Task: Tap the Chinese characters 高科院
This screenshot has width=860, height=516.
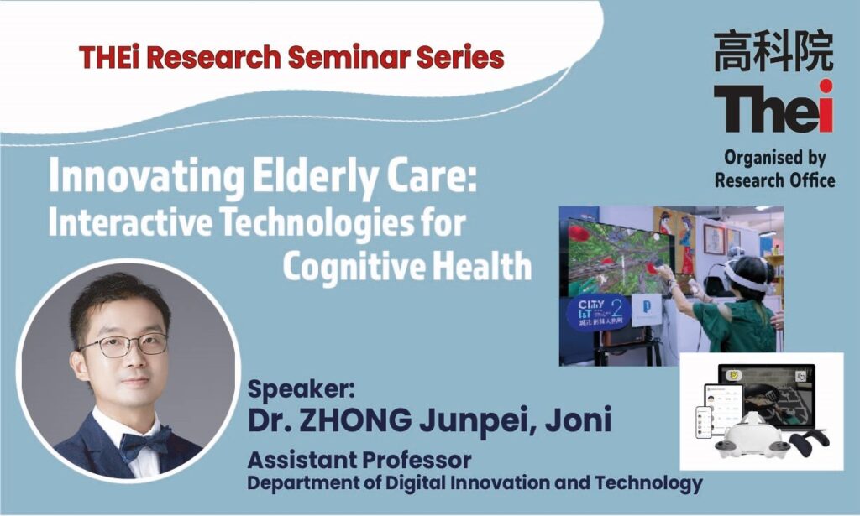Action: pyautogui.click(x=773, y=51)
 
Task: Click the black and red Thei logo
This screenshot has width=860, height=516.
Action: pyautogui.click(x=773, y=107)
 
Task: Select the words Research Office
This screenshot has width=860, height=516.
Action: pyautogui.click(x=774, y=180)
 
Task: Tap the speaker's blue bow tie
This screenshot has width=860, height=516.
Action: pyautogui.click(x=144, y=441)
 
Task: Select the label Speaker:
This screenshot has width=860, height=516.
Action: pyautogui.click(x=302, y=389)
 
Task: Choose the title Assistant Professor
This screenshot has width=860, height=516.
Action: pyautogui.click(x=359, y=460)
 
